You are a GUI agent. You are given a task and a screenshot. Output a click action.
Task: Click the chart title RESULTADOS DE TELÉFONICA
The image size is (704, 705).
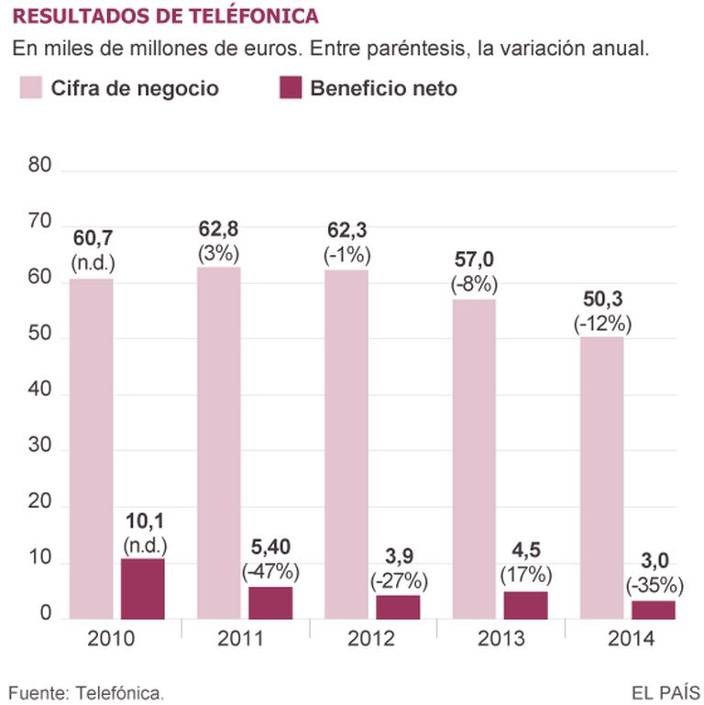pos(165,17)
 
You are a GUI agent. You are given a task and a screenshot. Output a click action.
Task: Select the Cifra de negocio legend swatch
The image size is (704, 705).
pos(31,88)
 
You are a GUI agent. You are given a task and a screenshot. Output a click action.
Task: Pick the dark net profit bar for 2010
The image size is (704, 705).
pos(143,588)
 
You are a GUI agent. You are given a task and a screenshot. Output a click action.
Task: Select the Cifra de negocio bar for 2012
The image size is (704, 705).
pos(346,444)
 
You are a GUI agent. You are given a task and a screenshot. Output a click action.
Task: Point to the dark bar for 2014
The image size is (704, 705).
pos(653,608)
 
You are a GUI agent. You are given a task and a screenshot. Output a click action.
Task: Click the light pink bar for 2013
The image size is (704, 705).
pos(473,458)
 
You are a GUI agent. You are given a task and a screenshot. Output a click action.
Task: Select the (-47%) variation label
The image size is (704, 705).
pos(270,572)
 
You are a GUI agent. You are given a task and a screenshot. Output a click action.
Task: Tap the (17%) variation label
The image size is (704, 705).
pos(525,576)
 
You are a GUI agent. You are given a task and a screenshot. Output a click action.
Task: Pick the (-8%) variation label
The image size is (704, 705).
pos(474,284)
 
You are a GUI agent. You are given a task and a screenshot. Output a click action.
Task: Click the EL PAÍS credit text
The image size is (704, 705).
pos(665,690)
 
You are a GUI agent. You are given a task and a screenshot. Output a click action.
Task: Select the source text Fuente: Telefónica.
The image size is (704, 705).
pos(87,690)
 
